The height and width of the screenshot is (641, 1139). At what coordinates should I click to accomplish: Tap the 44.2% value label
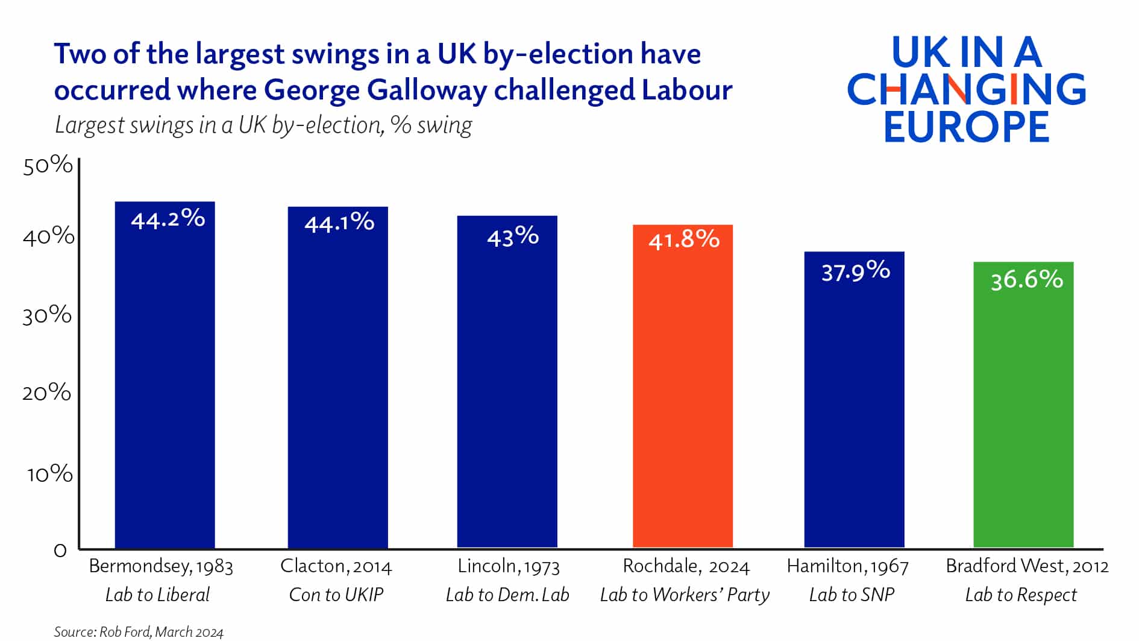168,219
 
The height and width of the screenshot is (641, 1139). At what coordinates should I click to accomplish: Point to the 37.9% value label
855,271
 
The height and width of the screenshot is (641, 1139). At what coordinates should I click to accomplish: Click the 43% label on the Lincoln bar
512,236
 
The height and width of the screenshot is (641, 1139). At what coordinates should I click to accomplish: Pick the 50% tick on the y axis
48,165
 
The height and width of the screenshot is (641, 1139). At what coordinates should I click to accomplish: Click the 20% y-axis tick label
46,393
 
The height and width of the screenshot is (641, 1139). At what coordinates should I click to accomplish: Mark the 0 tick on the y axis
60,551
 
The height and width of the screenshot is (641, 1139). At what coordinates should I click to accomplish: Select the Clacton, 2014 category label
336,566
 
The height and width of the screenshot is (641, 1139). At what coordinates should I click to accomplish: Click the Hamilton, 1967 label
847,566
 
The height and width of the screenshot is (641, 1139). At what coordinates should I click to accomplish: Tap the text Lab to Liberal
157,595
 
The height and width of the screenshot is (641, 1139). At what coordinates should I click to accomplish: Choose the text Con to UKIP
336,595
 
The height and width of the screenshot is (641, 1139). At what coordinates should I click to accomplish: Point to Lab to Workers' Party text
685,595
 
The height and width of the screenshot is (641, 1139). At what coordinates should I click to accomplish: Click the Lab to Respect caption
1020,595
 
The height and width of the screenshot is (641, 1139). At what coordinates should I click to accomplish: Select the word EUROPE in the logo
967,127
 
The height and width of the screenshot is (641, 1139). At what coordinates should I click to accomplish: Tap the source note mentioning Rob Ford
139,631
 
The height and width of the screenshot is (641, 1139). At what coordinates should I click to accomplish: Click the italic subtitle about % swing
263,125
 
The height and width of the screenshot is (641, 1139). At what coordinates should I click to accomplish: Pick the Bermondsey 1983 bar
165,386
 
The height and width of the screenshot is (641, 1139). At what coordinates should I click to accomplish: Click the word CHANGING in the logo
967,89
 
